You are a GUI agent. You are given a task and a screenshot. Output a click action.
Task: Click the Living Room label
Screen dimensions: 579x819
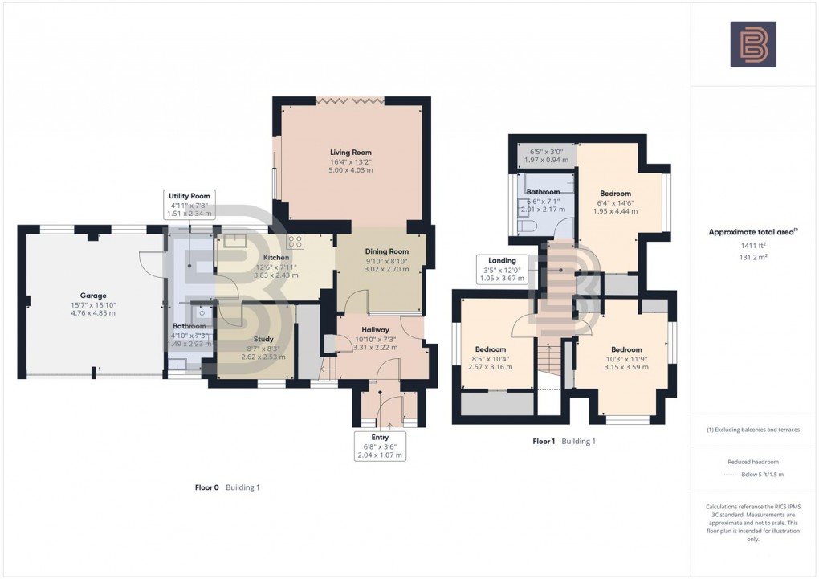coord(351,152)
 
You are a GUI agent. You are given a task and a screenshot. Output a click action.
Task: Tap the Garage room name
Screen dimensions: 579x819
coord(93,296)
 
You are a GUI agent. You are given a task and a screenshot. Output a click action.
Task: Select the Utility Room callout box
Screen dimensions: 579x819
coord(189,205)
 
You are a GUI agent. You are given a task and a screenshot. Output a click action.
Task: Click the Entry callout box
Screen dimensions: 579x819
coord(381,446)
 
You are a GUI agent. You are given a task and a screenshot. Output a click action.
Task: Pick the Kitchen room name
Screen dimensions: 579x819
coord(276,258)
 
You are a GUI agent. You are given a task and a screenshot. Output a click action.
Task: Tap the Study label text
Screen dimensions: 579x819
coord(263,339)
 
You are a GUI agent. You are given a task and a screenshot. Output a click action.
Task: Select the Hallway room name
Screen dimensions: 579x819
coord(375,330)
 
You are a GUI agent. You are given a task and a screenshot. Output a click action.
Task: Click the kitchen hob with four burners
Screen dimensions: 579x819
coord(295,242)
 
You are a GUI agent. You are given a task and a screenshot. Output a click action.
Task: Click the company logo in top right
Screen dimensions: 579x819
coord(752,44)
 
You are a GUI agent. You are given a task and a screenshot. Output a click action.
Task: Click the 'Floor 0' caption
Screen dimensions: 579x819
coord(206,487)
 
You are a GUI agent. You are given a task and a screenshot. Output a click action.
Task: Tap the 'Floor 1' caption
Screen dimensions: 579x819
coord(544,442)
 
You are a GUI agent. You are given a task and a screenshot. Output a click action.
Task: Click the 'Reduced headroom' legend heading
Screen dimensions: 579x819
coord(752,462)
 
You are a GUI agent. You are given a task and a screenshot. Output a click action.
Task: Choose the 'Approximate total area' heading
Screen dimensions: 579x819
coord(752,232)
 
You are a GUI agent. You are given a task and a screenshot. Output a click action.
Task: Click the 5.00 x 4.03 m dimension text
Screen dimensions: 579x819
coord(351,171)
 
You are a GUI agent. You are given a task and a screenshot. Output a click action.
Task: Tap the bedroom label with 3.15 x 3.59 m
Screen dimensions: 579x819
coord(625,349)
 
